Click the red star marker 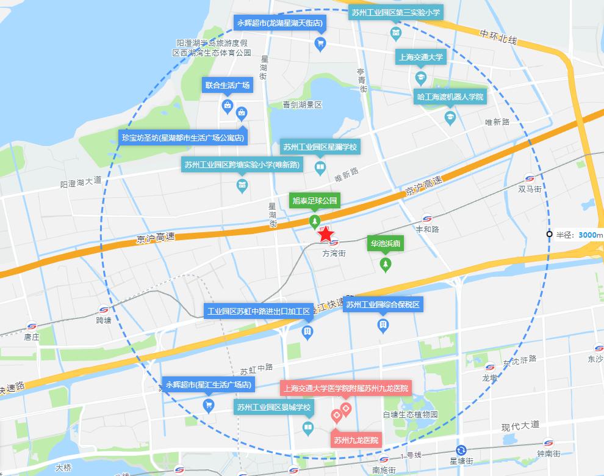tap(326, 233)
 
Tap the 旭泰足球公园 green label tap(315, 200)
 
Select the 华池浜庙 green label tap(385, 244)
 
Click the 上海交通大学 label tap(421, 57)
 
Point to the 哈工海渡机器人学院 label tap(450, 97)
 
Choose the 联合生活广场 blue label tap(228, 85)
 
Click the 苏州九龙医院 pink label tap(356, 440)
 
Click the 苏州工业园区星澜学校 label tap(320, 147)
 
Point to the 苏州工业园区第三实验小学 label tap(396, 12)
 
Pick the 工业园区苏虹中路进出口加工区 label tap(259, 312)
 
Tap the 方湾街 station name tap(334, 253)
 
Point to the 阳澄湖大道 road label tap(81, 182)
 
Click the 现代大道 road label tap(520, 425)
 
